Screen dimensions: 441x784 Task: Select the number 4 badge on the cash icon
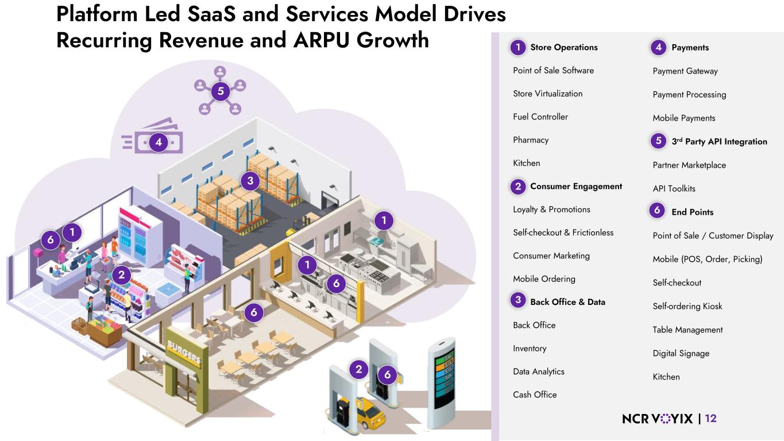(158, 142)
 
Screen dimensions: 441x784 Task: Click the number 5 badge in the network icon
(220, 91)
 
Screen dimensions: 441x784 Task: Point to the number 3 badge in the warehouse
(250, 181)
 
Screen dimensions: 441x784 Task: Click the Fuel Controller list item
(540, 117)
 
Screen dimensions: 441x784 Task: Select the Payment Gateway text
(685, 71)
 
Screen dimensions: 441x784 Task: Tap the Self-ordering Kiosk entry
(688, 306)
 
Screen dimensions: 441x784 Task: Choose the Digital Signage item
(681, 353)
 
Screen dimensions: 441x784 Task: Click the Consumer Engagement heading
(576, 186)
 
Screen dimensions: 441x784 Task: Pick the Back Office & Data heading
(567, 301)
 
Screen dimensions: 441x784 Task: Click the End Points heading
(692, 212)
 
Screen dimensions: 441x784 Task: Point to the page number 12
(710, 419)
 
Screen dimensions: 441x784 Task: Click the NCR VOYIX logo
(657, 419)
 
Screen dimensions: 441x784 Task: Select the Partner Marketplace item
(689, 165)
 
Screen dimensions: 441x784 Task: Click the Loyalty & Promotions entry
(551, 210)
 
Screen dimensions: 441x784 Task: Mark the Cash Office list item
(535, 394)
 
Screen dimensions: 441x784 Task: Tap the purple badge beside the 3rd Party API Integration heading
(658, 141)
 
